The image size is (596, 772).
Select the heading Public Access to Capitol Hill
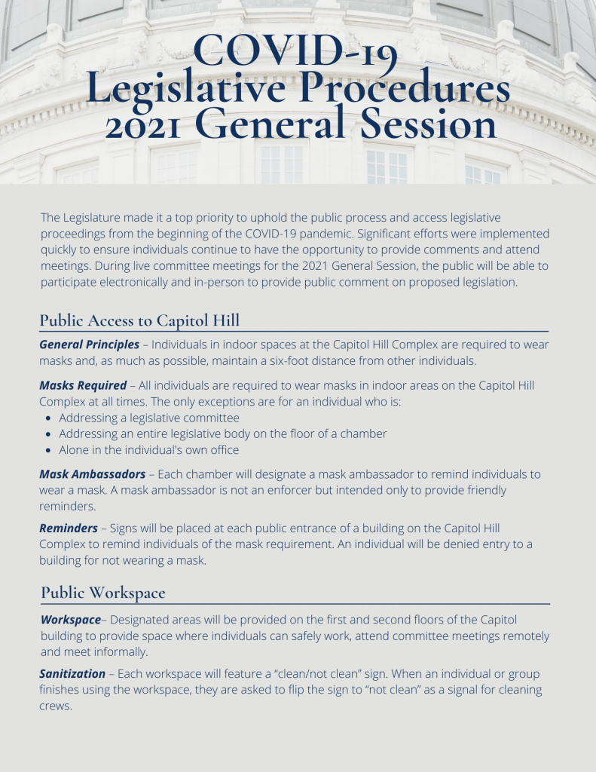coord(139,320)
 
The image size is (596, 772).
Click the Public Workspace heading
coord(102,593)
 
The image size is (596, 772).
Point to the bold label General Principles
coord(89,345)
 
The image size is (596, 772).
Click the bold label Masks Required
coord(83,385)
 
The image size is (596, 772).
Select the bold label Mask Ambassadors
coord(93,474)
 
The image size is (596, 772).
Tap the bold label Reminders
coord(69,528)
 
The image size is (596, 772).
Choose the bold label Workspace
coord(70,620)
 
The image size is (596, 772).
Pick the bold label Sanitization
coord(72,673)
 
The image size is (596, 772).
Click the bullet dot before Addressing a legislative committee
coord(49,418)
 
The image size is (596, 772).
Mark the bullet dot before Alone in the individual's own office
coord(49,450)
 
